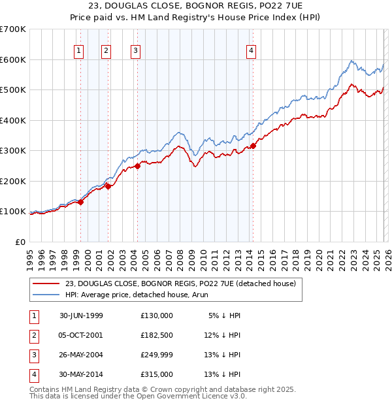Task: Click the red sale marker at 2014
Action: [253, 146]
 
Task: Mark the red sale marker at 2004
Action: [138, 166]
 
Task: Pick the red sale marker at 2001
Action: [108, 187]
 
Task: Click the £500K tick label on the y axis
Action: [13, 90]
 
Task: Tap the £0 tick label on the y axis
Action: [20, 242]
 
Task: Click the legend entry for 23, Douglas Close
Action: [181, 283]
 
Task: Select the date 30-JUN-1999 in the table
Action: [82, 315]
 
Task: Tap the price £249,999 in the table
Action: [157, 355]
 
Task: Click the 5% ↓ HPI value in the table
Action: [225, 315]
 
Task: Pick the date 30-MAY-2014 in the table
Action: [82, 374]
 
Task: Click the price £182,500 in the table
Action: [157, 334]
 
